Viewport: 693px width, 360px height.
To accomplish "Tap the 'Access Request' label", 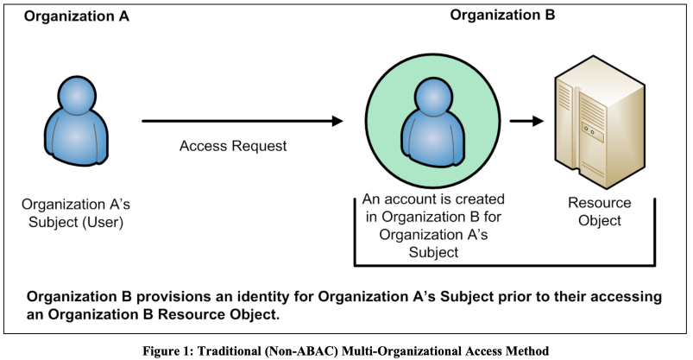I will tap(233, 146).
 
